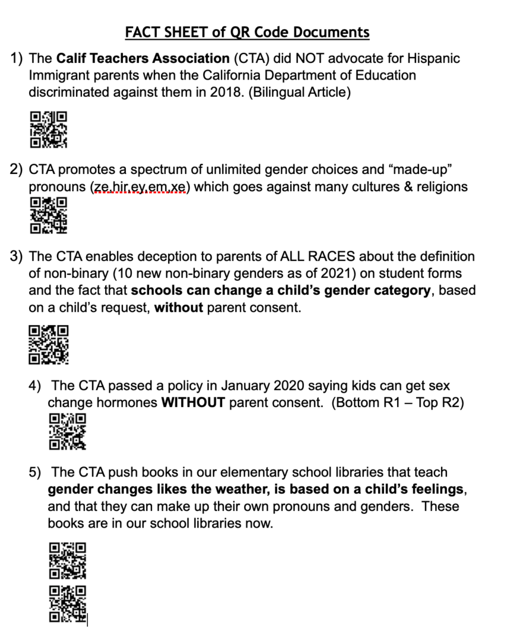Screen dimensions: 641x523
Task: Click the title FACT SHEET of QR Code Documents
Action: [247, 32]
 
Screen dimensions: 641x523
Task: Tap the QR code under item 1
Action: [49, 129]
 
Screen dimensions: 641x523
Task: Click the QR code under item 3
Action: [49, 345]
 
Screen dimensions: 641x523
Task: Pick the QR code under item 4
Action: [67, 431]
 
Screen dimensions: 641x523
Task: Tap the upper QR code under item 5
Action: [67, 560]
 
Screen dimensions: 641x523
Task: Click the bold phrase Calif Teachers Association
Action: [143, 59]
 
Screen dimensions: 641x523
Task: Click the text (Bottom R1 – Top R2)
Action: [398, 403]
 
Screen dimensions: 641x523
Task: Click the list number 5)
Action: [36, 472]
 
